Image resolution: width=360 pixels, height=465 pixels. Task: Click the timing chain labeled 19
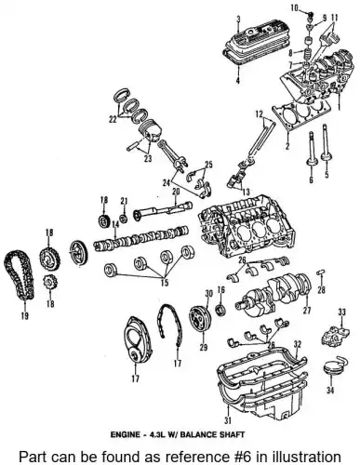18,276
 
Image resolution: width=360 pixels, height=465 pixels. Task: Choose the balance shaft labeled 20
163,211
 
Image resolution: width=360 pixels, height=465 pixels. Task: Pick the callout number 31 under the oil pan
228,420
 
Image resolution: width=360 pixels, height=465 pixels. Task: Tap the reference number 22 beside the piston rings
113,119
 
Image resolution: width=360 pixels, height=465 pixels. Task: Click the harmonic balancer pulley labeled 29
200,319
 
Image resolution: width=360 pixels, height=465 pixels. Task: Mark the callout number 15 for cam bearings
165,283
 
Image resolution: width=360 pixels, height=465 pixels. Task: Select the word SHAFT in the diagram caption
232,434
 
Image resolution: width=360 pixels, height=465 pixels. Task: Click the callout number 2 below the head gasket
287,146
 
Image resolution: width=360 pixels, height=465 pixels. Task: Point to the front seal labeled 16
220,310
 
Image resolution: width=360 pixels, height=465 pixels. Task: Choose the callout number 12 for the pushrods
260,114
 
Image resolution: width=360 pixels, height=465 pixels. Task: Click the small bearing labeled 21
124,219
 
